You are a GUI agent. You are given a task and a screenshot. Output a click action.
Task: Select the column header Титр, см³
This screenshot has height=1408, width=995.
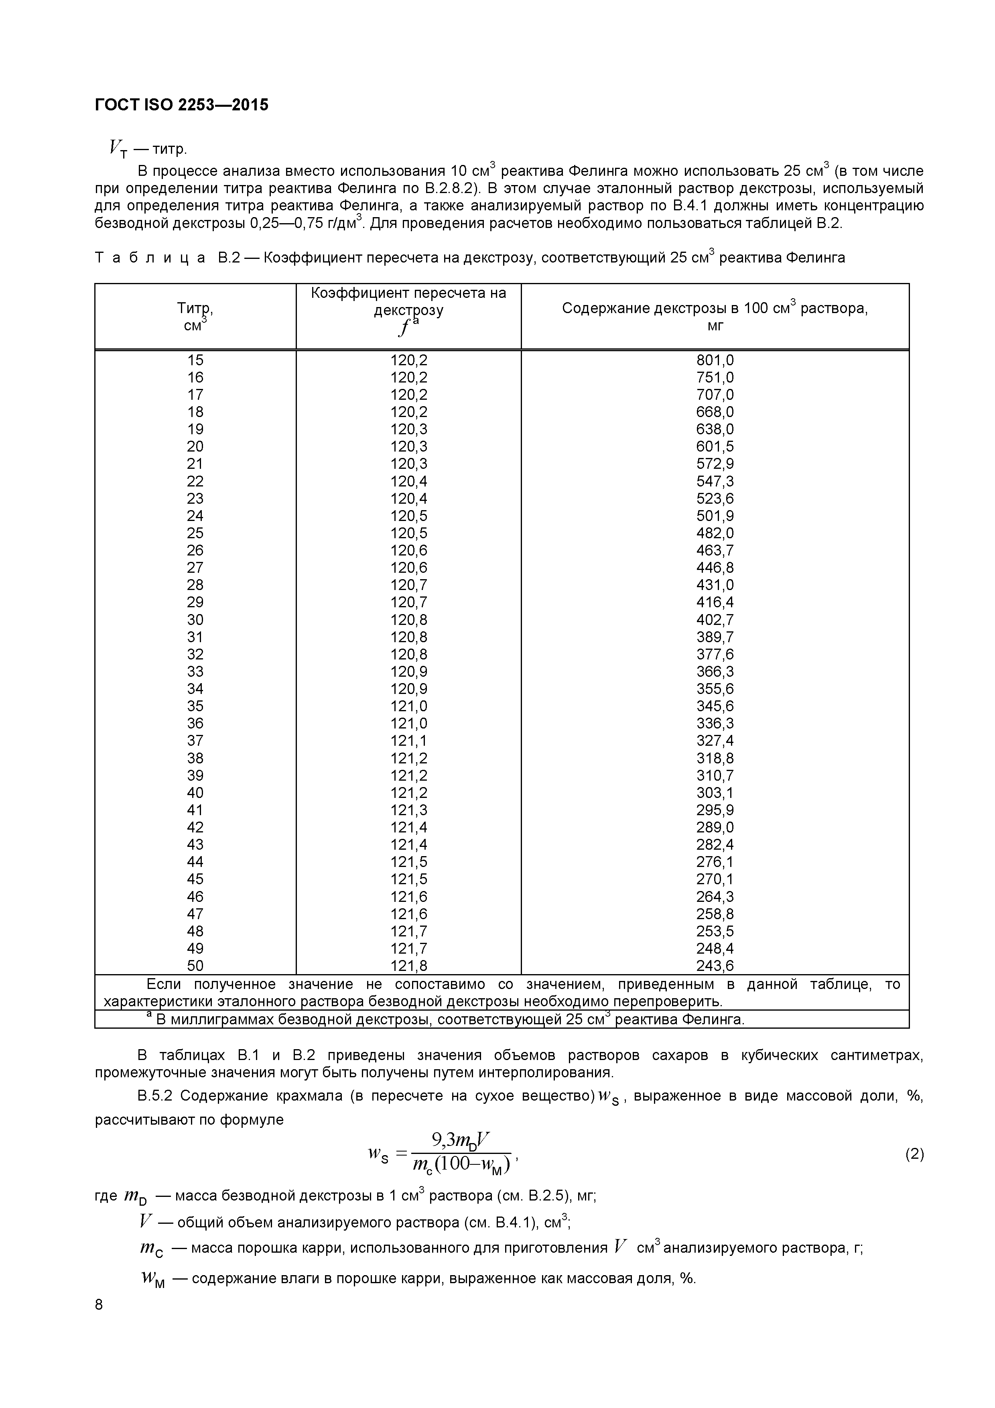click(x=195, y=316)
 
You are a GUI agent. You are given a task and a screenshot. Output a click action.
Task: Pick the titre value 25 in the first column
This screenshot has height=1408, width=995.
click(x=195, y=533)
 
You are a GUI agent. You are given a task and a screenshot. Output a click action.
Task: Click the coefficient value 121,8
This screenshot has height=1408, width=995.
click(x=409, y=966)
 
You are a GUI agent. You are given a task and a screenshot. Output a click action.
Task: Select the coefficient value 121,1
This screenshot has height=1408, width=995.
click(x=409, y=741)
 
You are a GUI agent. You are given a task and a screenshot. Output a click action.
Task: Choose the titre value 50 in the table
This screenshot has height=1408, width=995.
click(x=195, y=966)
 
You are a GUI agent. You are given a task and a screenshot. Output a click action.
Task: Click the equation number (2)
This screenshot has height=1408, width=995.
click(x=914, y=1154)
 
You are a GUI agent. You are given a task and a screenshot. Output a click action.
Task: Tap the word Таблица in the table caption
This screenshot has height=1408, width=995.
click(x=150, y=258)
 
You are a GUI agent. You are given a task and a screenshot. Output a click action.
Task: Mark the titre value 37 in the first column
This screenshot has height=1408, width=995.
click(x=195, y=741)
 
